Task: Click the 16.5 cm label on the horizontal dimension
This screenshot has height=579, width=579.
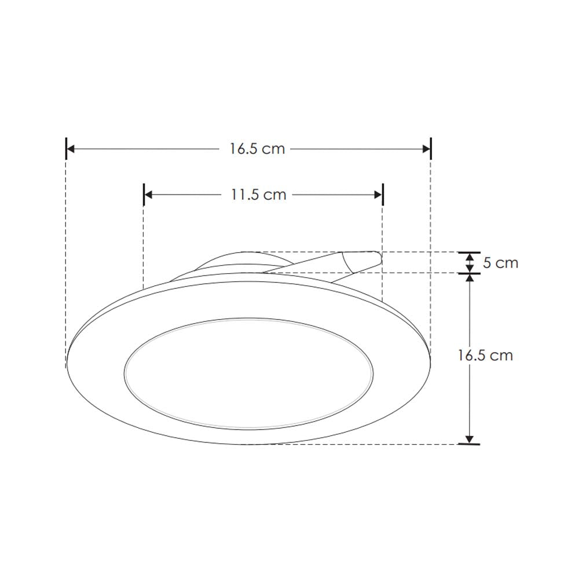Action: click(x=257, y=149)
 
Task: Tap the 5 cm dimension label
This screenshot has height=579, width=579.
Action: click(x=500, y=263)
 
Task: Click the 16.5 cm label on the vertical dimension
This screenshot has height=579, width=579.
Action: click(x=485, y=355)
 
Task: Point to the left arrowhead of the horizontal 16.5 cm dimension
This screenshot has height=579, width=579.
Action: click(x=71, y=149)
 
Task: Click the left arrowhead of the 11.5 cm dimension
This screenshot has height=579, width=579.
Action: click(x=148, y=195)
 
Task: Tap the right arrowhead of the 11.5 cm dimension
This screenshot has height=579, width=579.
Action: click(x=378, y=195)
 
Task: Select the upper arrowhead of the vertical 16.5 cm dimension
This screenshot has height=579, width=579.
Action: click(x=470, y=278)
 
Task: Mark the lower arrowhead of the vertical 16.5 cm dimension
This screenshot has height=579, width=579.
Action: click(x=470, y=439)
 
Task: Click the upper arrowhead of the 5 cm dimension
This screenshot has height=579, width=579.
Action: click(x=470, y=257)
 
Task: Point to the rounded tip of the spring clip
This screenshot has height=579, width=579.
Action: click(x=376, y=258)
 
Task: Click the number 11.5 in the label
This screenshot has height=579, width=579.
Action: click(x=244, y=195)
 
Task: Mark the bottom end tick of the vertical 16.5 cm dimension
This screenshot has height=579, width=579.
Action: click(x=470, y=444)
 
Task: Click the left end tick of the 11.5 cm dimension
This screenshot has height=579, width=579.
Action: click(x=144, y=195)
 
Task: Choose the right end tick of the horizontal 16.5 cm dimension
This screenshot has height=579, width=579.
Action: click(x=431, y=149)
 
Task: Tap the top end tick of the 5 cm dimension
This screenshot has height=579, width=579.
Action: click(x=470, y=252)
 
